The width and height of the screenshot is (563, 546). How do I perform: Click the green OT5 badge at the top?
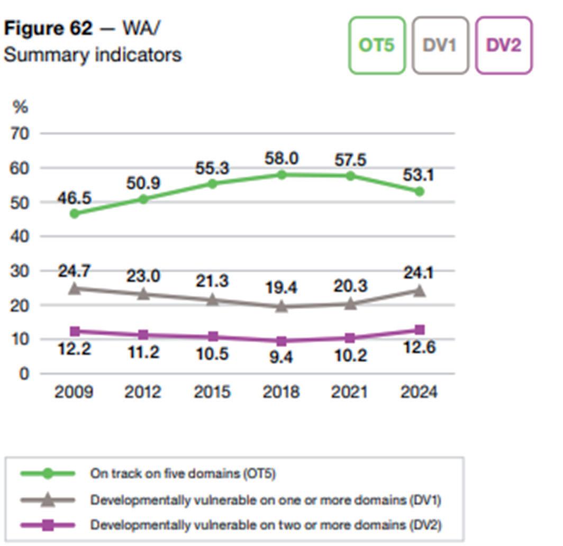click(377, 46)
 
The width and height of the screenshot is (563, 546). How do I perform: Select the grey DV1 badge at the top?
click(440, 46)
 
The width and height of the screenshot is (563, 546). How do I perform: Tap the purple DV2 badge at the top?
click(503, 46)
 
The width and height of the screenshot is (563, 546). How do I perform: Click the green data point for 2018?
click(281, 175)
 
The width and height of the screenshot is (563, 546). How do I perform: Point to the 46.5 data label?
click(75, 198)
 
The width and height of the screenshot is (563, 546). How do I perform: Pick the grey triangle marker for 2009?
click(75, 288)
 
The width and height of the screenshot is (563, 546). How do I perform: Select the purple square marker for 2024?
click(419, 330)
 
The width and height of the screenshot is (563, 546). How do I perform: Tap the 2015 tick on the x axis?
click(212, 392)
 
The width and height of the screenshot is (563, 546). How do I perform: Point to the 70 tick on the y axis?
click(20, 133)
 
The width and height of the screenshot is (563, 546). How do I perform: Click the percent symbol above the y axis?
click(20, 107)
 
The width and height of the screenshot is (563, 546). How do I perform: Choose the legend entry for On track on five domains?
click(183, 474)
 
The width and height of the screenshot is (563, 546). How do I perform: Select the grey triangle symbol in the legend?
click(48, 499)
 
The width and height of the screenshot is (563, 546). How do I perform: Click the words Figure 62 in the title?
click(48, 29)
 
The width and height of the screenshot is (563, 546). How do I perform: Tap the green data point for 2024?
click(419, 192)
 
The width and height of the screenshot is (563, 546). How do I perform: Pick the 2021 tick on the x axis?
click(350, 392)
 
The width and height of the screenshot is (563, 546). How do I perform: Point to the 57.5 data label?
click(350, 159)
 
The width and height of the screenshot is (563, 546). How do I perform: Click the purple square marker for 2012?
click(143, 335)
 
